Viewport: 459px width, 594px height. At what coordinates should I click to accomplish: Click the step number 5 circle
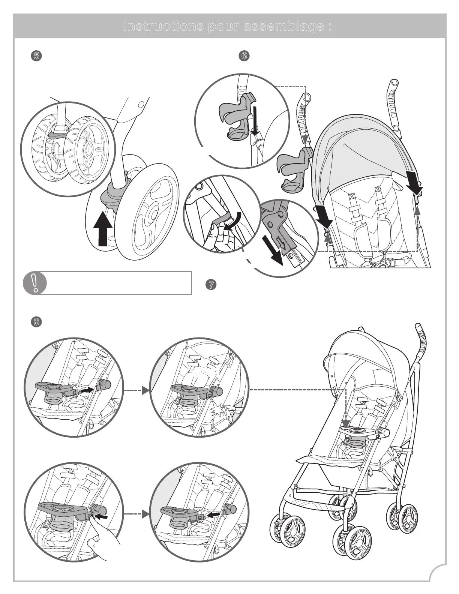click(x=36, y=56)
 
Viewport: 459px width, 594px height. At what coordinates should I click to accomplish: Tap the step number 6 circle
click(x=244, y=56)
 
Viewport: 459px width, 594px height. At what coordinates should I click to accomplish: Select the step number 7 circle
click(x=211, y=285)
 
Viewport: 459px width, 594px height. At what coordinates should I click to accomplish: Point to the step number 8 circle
click(x=36, y=321)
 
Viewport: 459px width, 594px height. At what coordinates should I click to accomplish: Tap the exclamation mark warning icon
click(x=34, y=283)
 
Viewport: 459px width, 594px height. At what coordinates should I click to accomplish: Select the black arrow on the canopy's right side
click(x=414, y=184)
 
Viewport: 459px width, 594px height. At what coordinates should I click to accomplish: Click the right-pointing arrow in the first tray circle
click(x=87, y=390)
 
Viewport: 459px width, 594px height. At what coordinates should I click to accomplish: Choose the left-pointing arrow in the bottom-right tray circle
click(x=214, y=516)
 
